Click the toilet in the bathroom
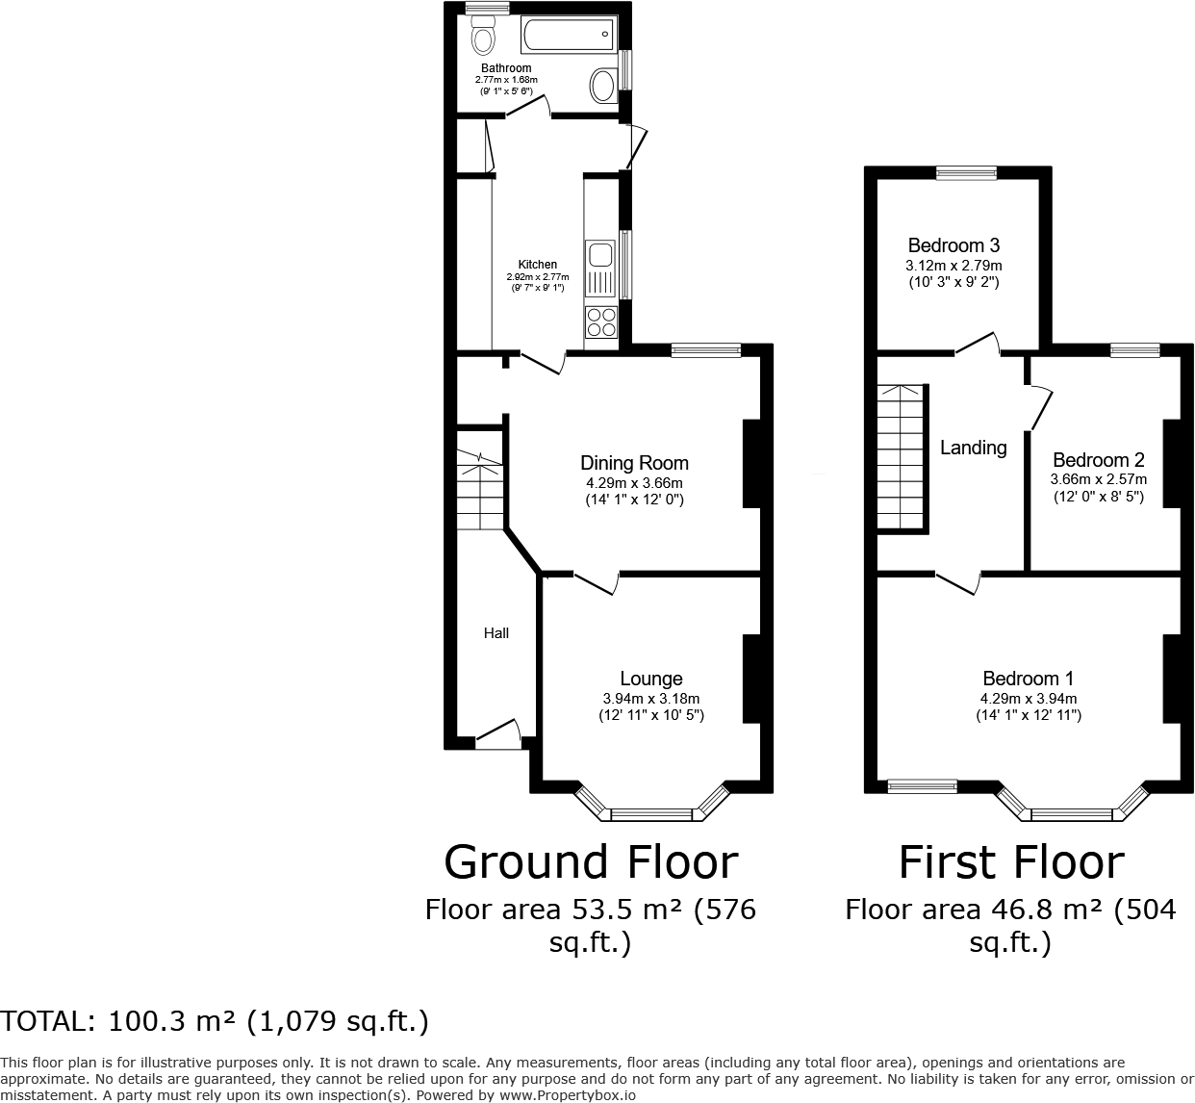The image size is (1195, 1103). click(x=483, y=38)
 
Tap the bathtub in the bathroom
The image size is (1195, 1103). click(x=567, y=37)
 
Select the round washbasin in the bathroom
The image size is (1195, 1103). click(x=603, y=87)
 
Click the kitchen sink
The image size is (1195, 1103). click(x=600, y=256)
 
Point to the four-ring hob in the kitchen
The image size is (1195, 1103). click(x=600, y=321)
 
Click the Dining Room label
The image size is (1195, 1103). click(x=634, y=463)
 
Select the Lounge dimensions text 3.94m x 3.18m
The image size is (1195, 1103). click(x=650, y=699)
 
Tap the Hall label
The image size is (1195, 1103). click(x=496, y=632)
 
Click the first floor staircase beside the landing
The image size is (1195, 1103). click(x=900, y=457)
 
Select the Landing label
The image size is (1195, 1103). click(x=973, y=448)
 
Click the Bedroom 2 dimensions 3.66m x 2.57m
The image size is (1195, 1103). click(x=1098, y=478)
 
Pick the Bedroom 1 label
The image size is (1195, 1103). click(x=1028, y=679)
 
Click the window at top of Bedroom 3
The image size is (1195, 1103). click(x=967, y=174)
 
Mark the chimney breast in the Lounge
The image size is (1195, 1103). click(x=751, y=679)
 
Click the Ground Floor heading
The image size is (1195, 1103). click(x=591, y=861)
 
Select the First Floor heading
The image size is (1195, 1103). click(x=1010, y=861)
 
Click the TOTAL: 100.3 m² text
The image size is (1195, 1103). click(x=215, y=1021)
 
